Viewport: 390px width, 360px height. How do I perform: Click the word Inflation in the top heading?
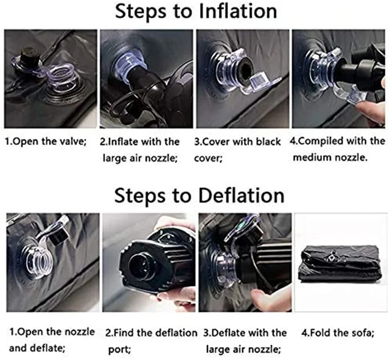238,11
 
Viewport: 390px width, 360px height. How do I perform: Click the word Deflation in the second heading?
241,196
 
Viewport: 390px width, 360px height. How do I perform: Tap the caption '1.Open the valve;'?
46,142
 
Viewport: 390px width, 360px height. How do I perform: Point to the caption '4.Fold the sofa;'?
338,332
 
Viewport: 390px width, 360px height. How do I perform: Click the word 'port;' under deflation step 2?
120,349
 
